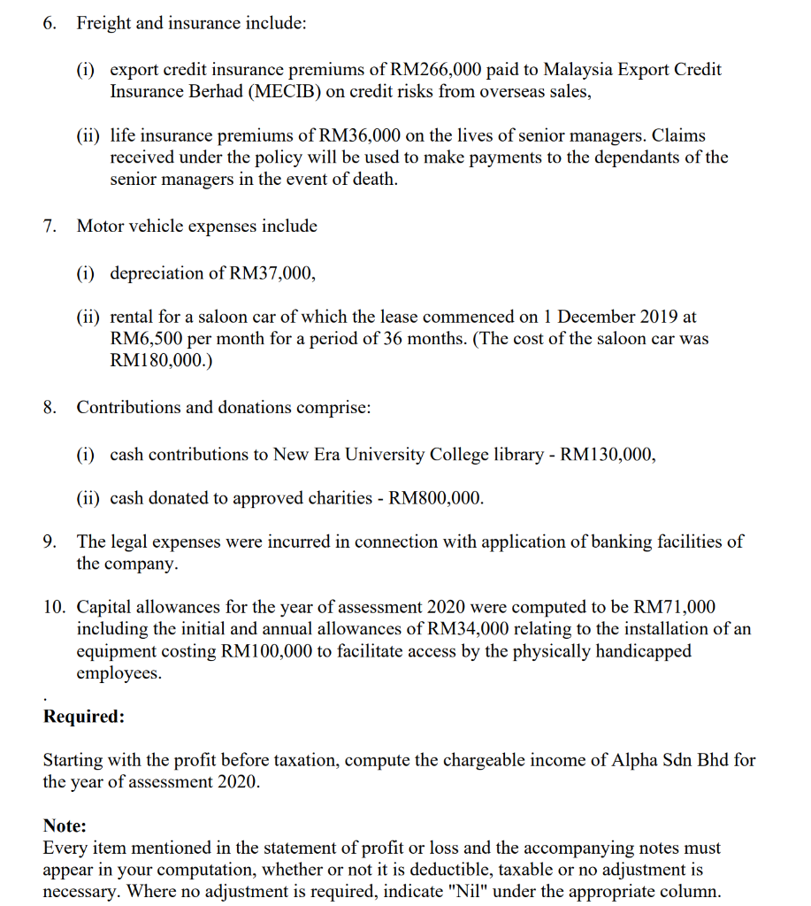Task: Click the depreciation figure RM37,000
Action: (272, 273)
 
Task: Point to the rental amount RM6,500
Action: (146, 339)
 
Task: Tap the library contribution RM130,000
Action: (608, 454)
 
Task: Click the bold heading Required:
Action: (84, 717)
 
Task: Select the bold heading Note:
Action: (65, 825)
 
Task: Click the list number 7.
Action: (50, 226)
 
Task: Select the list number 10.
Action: (54, 607)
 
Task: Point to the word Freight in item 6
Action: (103, 24)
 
